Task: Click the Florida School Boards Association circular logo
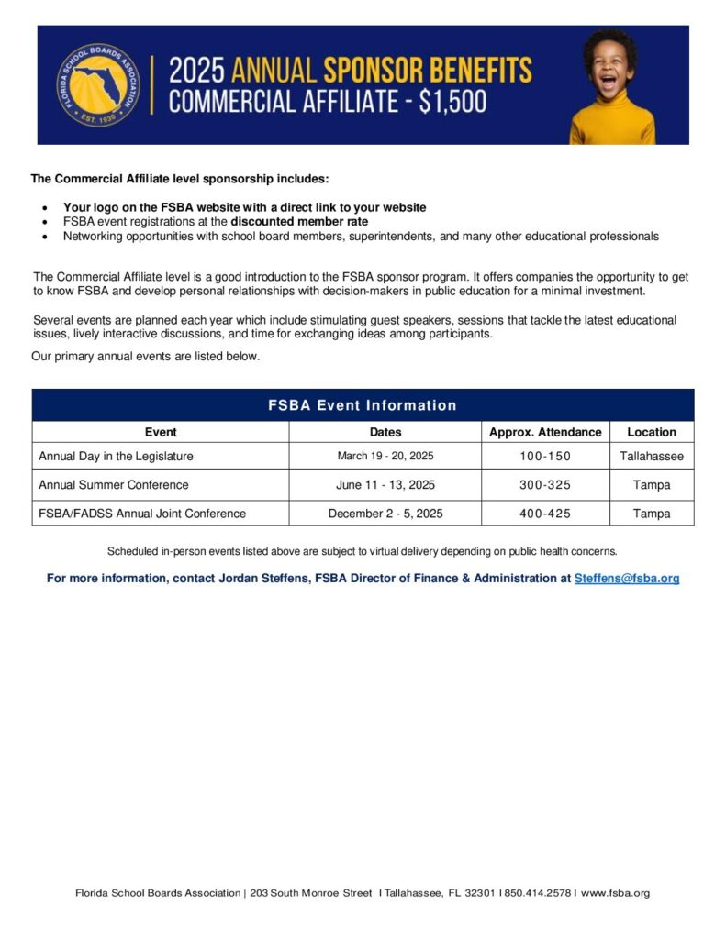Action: point(98,85)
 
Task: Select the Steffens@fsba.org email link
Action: point(627,579)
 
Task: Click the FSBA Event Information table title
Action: point(363,405)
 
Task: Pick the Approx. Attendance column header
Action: point(545,432)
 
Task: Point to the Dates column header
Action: point(385,432)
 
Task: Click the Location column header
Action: point(652,432)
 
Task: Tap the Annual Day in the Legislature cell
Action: point(117,456)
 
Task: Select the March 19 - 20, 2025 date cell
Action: point(385,456)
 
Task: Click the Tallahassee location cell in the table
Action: point(652,456)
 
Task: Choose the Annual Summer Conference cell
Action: point(114,484)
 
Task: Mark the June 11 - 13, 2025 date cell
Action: point(385,484)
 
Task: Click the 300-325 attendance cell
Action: point(545,484)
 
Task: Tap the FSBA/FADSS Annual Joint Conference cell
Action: point(142,514)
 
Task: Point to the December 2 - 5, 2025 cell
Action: point(385,514)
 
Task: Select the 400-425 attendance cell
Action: point(545,514)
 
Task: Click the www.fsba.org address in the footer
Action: point(616,893)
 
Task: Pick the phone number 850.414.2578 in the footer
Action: point(538,893)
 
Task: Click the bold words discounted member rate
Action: point(299,222)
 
